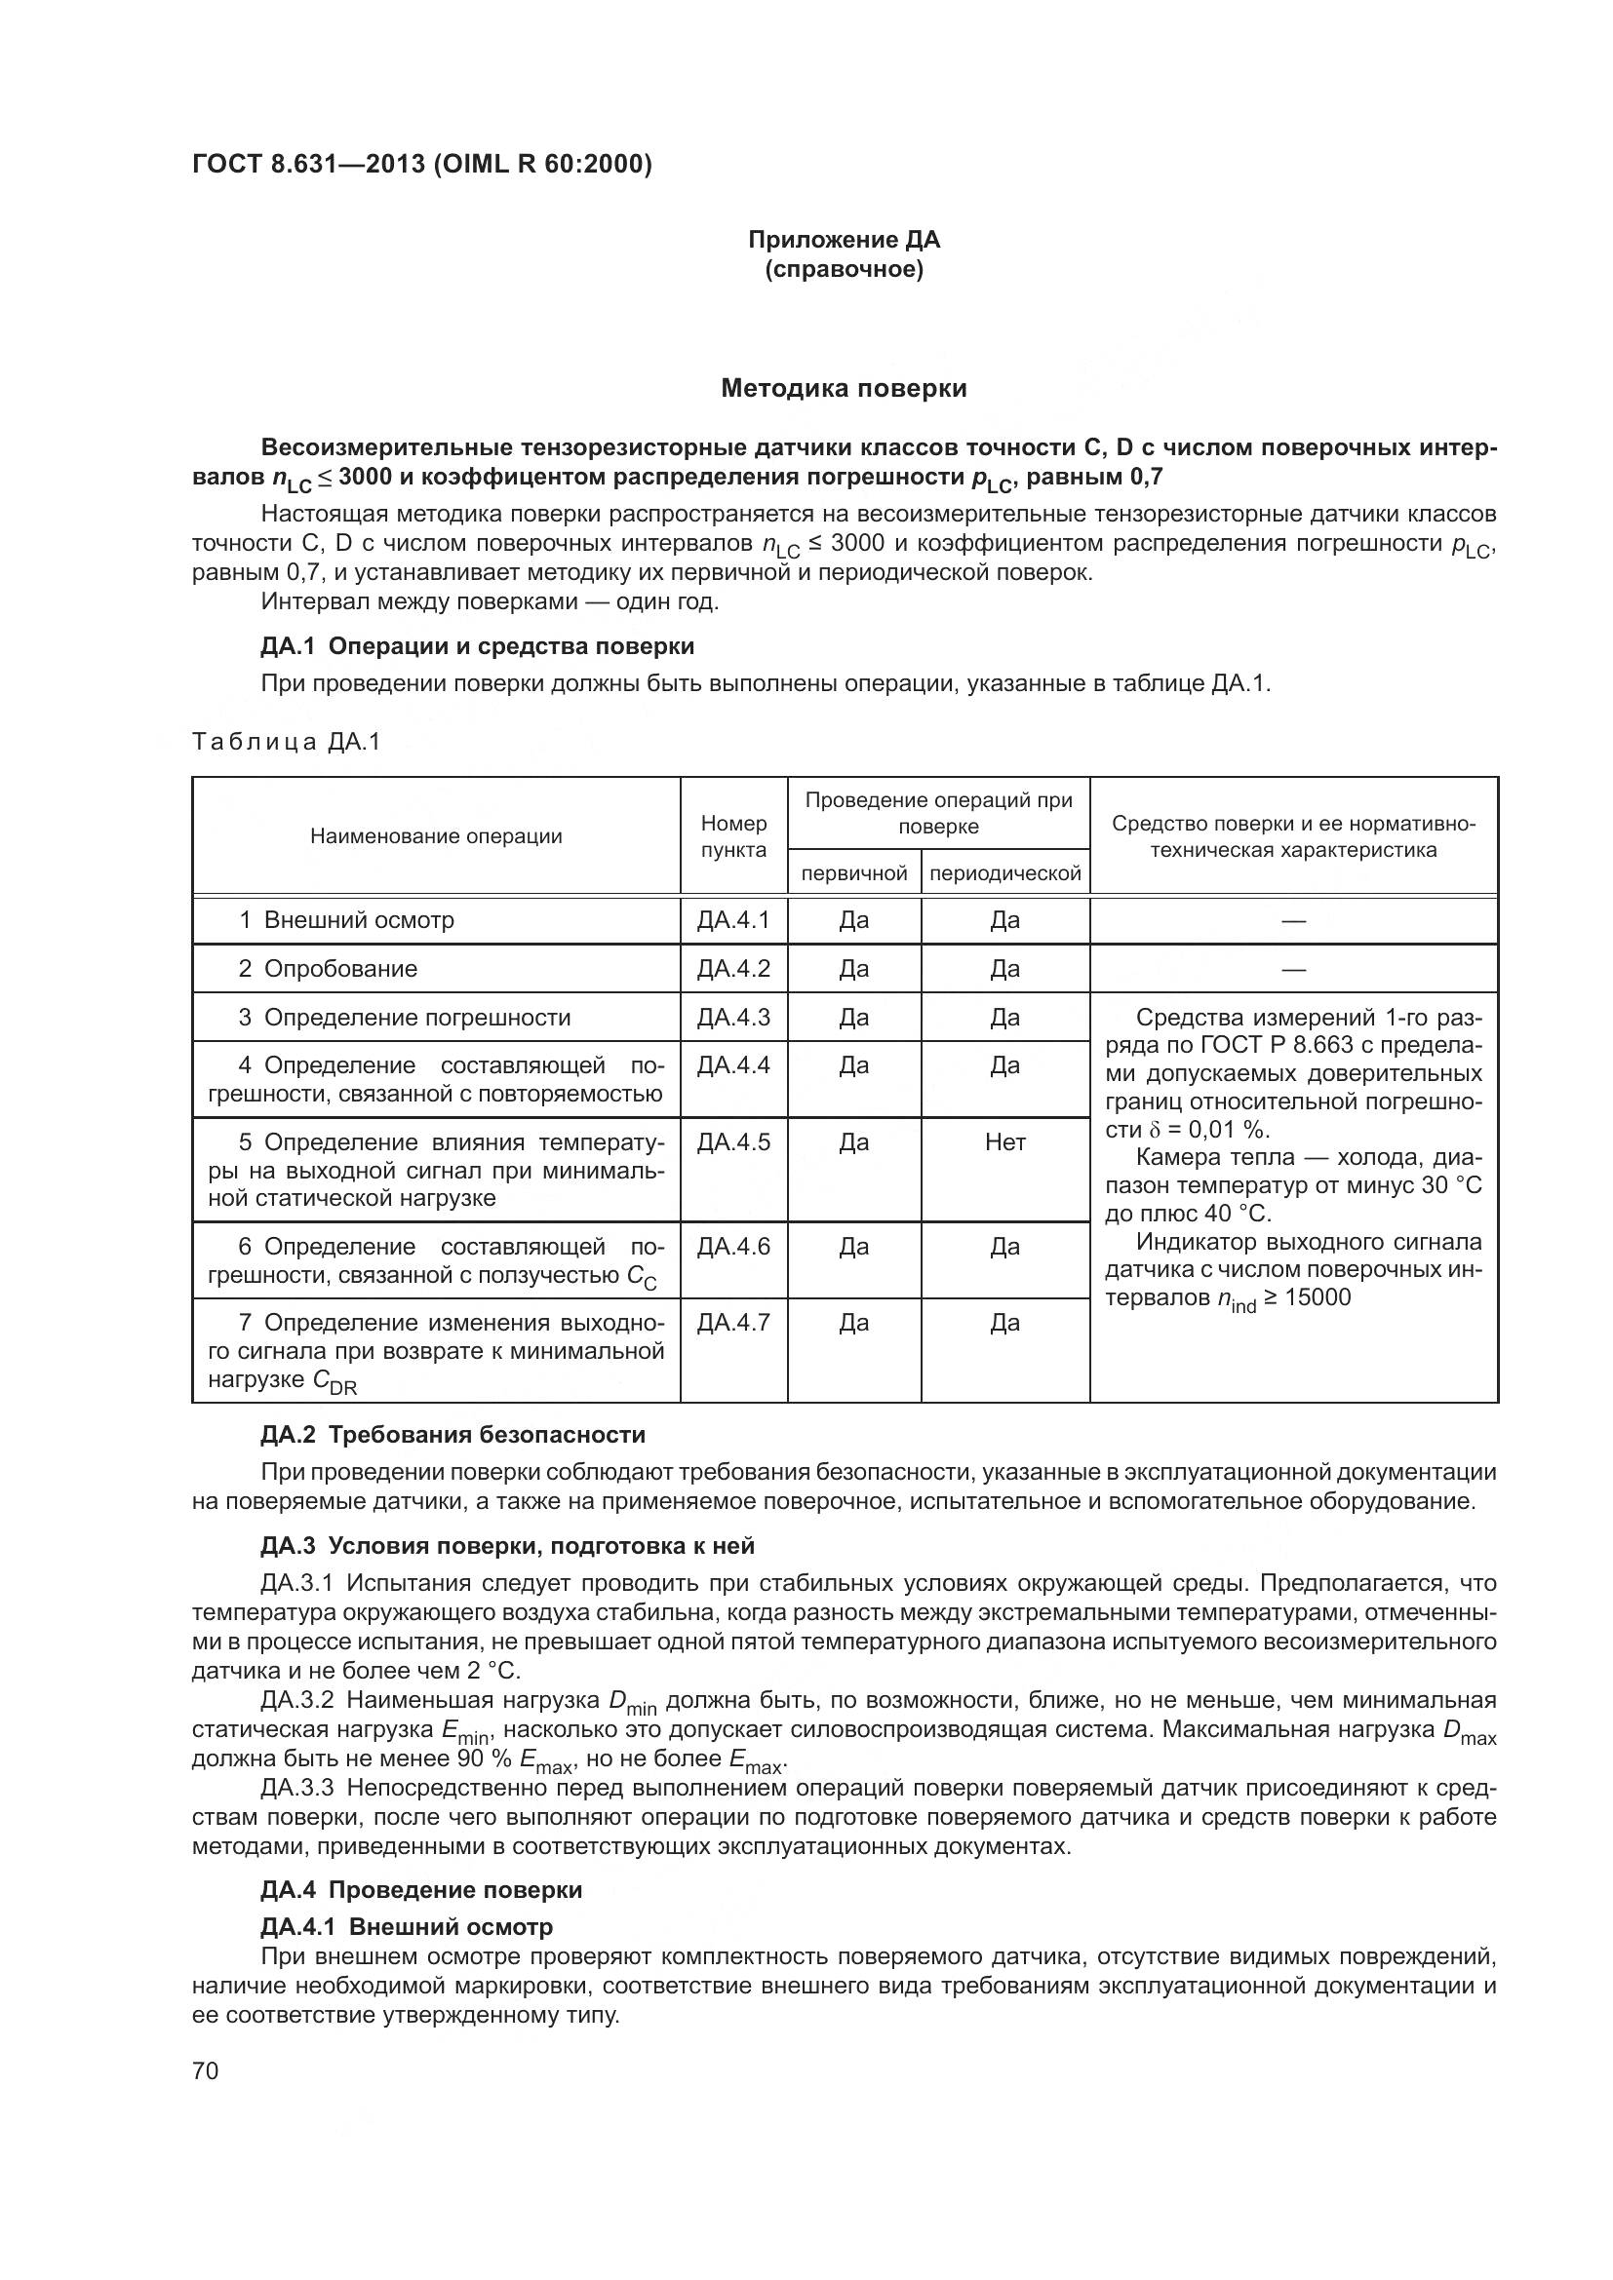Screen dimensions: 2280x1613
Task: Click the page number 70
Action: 205,2070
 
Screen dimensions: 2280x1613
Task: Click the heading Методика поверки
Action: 844,388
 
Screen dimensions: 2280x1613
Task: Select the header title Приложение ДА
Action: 844,240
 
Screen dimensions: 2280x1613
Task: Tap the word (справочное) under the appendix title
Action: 844,269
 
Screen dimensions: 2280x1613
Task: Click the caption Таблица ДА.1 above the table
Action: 286,742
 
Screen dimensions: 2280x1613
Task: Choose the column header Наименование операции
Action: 436,836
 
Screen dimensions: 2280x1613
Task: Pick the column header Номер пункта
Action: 733,836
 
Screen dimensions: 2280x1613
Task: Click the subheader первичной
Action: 853,872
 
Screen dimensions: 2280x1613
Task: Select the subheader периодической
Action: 1004,872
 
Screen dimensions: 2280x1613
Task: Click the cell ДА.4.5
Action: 733,1142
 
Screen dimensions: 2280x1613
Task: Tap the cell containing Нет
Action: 1004,1142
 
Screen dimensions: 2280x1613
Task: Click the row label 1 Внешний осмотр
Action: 345,919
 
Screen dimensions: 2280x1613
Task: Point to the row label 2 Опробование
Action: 328,968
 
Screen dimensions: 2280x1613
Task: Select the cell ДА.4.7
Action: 733,1323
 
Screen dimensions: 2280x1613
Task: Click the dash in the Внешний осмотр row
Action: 1292,920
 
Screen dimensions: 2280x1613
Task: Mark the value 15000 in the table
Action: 1319,1297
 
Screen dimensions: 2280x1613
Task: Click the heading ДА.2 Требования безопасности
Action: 452,1434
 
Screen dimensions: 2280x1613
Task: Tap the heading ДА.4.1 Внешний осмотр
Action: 407,1926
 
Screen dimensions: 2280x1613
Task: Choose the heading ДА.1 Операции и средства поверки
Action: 477,646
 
